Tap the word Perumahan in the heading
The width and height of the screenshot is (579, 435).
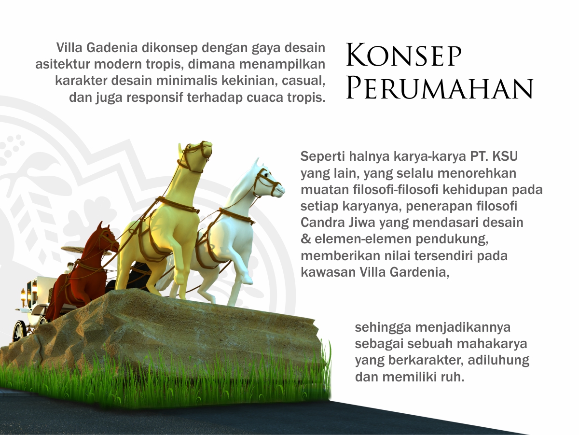tap(440, 88)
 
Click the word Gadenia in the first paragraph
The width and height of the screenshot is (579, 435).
tap(112, 48)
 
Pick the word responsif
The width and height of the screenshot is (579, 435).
tap(155, 98)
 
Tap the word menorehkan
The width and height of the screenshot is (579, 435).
tap(477, 173)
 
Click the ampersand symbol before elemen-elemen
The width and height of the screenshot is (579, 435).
tap(305, 239)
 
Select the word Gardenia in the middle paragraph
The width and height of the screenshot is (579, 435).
tap(419, 272)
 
